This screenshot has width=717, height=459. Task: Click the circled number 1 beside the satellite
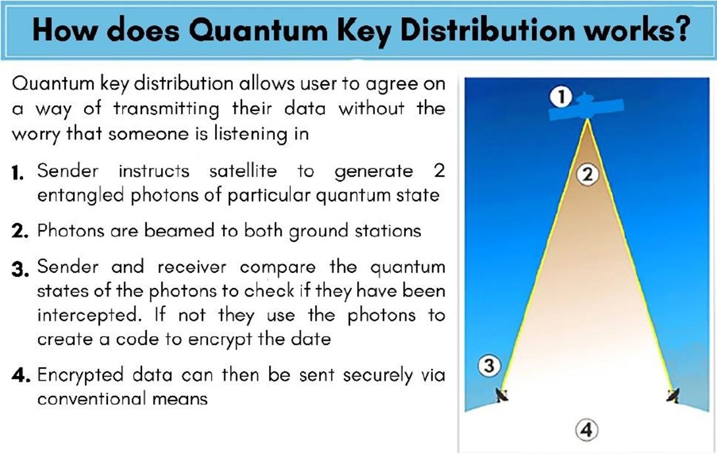(561, 97)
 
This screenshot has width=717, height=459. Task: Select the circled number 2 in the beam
(587, 174)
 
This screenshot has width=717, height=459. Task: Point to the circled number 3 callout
(489, 366)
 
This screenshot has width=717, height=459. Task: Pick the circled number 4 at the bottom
(587, 430)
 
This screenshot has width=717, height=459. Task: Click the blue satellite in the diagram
(585, 107)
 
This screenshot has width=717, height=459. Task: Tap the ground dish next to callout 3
(502, 395)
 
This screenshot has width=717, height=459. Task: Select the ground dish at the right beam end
(673, 395)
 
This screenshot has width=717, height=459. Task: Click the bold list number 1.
(18, 173)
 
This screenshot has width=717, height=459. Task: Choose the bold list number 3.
(20, 269)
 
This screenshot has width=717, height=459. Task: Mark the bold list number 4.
(21, 375)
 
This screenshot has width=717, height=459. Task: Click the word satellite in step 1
(243, 171)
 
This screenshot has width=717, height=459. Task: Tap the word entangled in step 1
(80, 196)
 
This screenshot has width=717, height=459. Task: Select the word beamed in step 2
(179, 231)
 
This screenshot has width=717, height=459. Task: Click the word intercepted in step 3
(87, 316)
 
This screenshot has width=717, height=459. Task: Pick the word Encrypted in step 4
(80, 375)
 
